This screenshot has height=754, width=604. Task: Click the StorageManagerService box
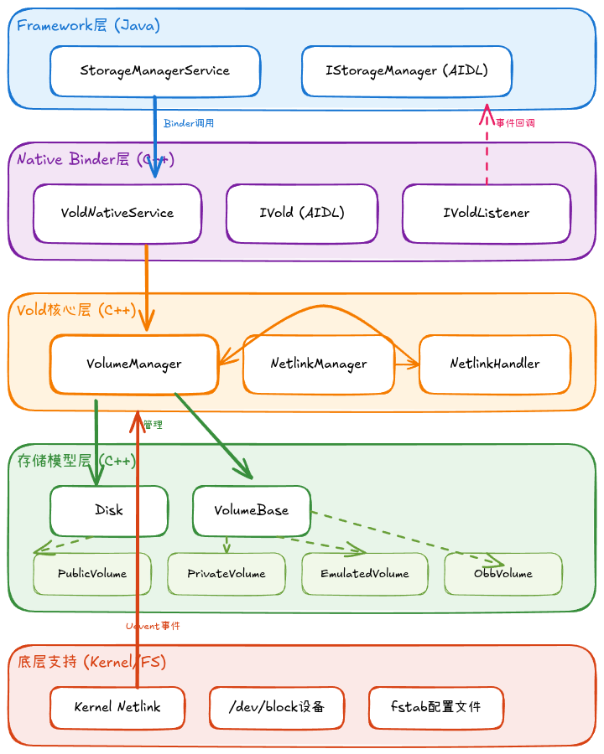[155, 71]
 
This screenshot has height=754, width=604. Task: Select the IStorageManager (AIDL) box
[407, 71]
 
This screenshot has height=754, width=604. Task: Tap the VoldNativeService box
[117, 213]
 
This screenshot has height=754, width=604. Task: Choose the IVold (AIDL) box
[302, 213]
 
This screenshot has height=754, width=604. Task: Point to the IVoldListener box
[487, 213]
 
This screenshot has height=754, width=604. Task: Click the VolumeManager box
[134, 364]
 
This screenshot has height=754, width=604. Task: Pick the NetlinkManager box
[319, 364]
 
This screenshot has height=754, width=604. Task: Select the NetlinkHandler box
[495, 364]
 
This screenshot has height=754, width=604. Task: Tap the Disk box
[109, 510]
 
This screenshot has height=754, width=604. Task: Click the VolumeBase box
[252, 510]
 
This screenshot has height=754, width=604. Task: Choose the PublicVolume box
[92, 574]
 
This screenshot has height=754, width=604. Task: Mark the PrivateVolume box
[226, 574]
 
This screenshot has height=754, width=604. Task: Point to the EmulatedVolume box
[365, 574]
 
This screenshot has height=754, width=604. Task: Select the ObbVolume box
[503, 574]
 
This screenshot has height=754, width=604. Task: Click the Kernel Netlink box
[117, 707]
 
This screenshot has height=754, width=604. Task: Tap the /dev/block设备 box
[277, 707]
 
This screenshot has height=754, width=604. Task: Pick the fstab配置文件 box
[436, 707]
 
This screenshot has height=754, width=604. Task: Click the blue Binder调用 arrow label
[189, 123]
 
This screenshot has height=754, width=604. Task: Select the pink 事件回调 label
[515, 123]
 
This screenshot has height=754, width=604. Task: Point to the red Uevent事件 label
[153, 626]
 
